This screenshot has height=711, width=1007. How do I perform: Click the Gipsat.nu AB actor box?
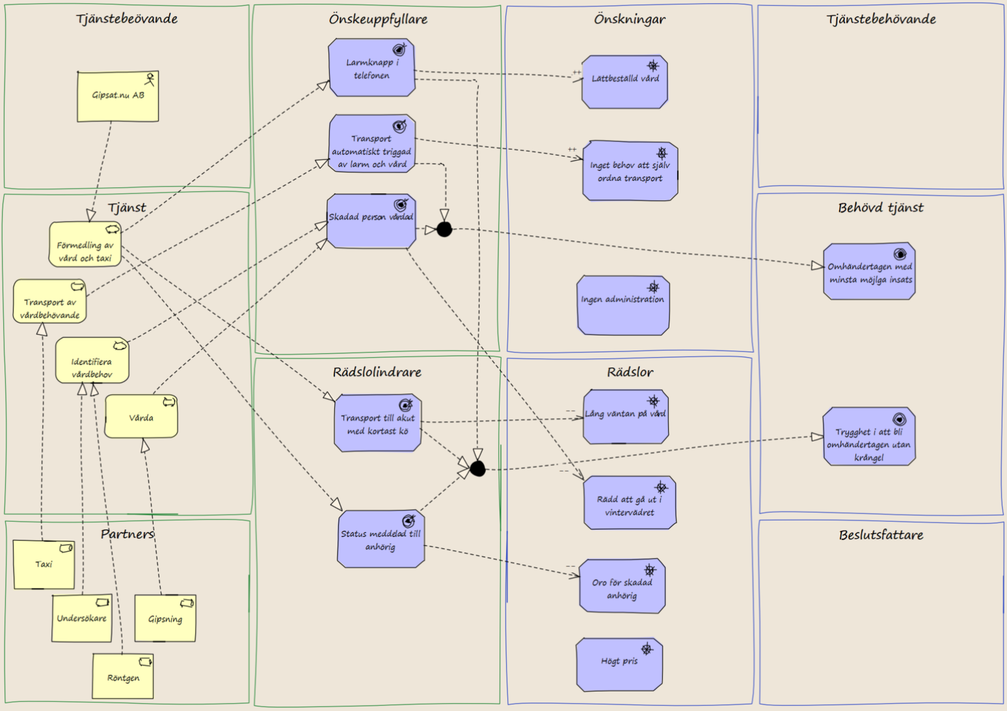point(118,96)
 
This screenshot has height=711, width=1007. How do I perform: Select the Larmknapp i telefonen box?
point(371,68)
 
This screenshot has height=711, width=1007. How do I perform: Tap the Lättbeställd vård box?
point(624,82)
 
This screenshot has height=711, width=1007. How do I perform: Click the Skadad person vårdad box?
point(371,221)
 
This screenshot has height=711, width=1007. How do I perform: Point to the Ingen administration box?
point(623,305)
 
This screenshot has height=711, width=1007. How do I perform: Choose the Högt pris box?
point(619,664)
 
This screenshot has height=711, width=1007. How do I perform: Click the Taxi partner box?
point(44,565)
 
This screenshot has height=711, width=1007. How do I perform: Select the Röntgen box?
point(123,676)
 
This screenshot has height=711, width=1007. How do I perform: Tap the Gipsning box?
point(165,618)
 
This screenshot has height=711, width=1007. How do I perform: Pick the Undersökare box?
point(82,618)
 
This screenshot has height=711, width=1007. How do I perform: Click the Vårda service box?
point(141,416)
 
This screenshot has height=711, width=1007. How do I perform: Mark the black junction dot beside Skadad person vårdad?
point(444,229)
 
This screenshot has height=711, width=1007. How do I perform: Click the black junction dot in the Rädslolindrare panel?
point(477,469)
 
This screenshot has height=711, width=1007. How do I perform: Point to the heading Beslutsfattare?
point(881,535)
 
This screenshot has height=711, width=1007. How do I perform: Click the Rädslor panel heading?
point(630,372)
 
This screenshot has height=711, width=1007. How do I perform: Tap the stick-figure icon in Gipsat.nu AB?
point(150,79)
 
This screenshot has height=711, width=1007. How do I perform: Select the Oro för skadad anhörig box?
point(622,586)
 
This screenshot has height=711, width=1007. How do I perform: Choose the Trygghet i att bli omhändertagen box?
point(869,436)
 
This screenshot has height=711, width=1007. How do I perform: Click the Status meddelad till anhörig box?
point(381,539)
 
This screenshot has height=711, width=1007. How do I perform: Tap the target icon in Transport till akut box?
point(406,405)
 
